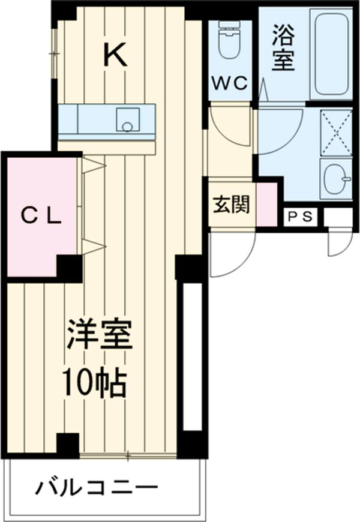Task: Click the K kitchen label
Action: click(x=115, y=56)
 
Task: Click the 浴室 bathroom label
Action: click(x=282, y=50)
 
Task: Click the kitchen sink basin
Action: click(x=127, y=119)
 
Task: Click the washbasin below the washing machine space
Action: click(x=335, y=179)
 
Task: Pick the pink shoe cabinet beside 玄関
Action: click(x=266, y=204)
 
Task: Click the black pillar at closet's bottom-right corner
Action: click(x=69, y=268)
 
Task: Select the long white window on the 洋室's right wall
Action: click(x=192, y=357)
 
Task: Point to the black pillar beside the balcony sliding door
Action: click(x=68, y=445)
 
